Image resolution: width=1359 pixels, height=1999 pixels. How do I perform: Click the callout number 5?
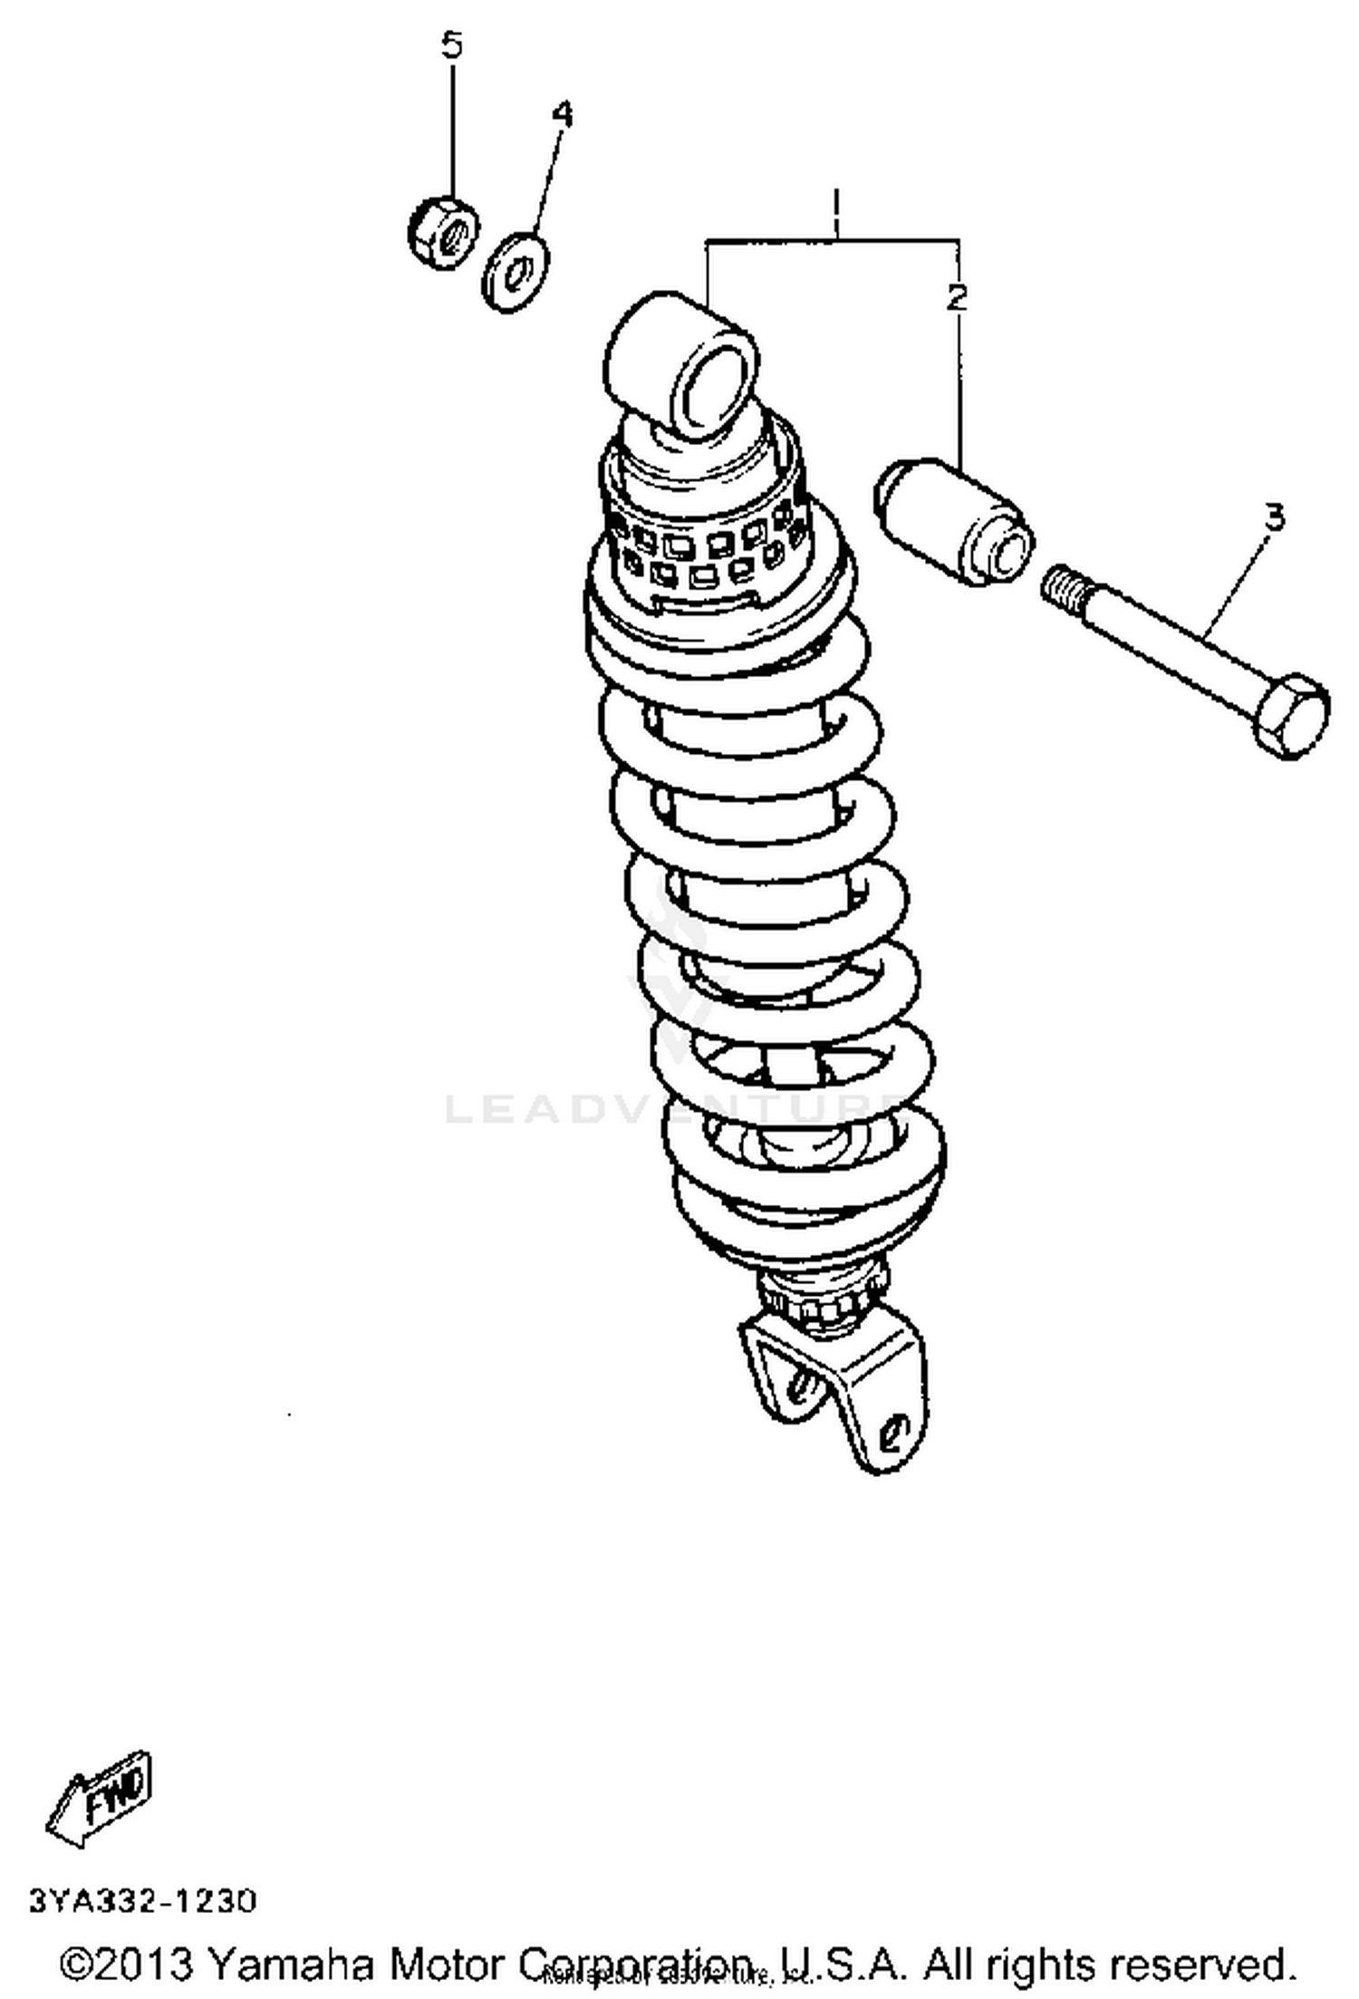click(x=451, y=44)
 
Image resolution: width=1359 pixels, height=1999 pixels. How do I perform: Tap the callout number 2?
click(x=957, y=296)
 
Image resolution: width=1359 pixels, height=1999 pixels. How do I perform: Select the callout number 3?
click(x=1274, y=517)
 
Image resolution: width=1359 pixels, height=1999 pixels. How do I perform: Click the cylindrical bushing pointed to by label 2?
click(x=954, y=523)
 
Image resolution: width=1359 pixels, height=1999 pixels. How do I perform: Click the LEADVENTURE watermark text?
click(x=670, y=1108)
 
